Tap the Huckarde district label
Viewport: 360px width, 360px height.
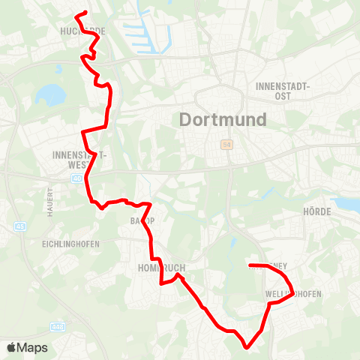tap(82, 31)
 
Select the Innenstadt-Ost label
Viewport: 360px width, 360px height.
tap(283, 91)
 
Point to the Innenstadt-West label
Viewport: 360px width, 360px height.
tap(80, 160)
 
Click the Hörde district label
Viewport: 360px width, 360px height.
tap(317, 212)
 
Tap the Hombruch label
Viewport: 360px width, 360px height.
tap(162, 268)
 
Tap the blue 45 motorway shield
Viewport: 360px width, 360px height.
tap(19, 226)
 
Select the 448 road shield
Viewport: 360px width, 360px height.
tap(58, 327)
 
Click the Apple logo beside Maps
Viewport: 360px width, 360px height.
tap(11, 347)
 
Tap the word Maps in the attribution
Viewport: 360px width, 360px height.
tap(32, 347)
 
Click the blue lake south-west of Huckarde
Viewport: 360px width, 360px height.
tap(49, 94)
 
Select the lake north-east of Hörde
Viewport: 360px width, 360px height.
tap(346, 203)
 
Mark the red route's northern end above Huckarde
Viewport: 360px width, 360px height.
tap(78, 14)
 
